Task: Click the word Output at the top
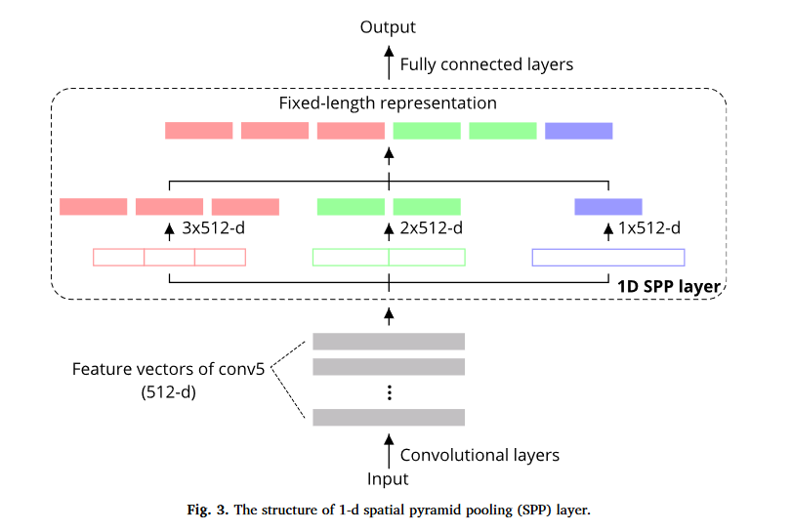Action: pos(388,27)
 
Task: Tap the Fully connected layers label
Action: pos(486,64)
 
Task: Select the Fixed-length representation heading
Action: pos(388,102)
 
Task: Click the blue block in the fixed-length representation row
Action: pos(578,131)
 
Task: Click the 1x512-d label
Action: pos(650,229)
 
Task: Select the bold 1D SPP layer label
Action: pos(671,286)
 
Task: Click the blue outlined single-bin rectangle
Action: pos(607,258)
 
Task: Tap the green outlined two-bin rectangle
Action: pos(389,258)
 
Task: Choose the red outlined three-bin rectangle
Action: pos(169,258)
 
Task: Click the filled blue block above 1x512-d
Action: pos(607,206)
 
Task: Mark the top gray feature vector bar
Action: pos(389,341)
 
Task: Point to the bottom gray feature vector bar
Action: pos(389,417)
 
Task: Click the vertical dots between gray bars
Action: pos(389,392)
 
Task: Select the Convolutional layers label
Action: pos(479,455)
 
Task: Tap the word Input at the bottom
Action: pos(388,478)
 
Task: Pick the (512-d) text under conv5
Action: pos(168,392)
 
